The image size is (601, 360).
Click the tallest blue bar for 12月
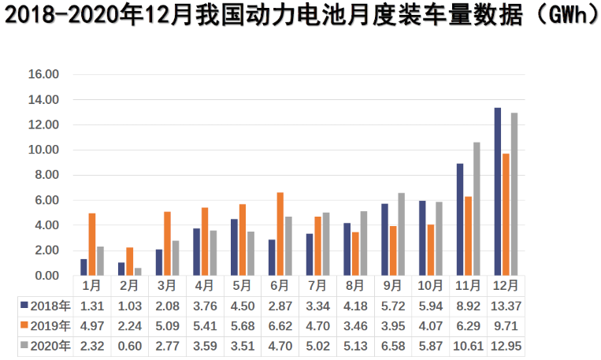tap(498, 191)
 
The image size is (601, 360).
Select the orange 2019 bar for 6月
tap(280, 234)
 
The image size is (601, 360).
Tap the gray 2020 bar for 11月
tap(477, 209)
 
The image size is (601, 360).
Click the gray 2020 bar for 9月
tap(402, 234)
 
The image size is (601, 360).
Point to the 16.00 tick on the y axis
tap(44, 75)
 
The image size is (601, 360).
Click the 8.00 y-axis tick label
tap(44, 175)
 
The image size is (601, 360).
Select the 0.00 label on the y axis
tap(44, 276)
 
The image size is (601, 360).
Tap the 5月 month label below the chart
tap(242, 285)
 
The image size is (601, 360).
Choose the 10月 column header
tap(430, 285)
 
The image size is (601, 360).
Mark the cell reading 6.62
tap(280, 325)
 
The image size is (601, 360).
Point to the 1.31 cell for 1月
tap(91, 305)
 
